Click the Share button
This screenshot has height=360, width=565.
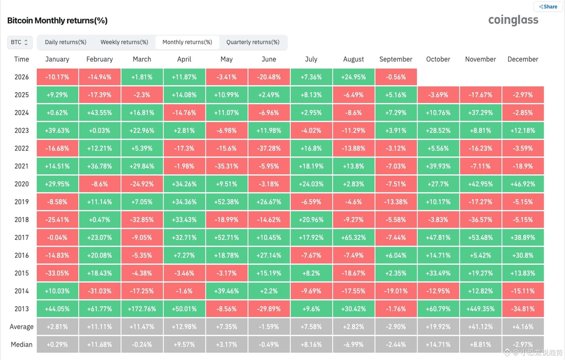pyautogui.click(x=548, y=7)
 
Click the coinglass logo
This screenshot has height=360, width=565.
pyautogui.click(x=513, y=20)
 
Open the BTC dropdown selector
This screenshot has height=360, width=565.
pyautogui.click(x=20, y=42)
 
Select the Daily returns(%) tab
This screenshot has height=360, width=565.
pyautogui.click(x=66, y=42)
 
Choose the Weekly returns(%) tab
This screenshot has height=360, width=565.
pyautogui.click(x=124, y=42)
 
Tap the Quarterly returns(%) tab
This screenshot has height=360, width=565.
pyautogui.click(x=253, y=42)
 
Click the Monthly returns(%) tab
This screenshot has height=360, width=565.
pyautogui.click(x=187, y=42)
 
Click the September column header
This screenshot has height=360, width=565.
pyautogui.click(x=396, y=59)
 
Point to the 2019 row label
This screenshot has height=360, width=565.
pyautogui.click(x=21, y=202)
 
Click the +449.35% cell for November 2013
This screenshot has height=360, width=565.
pyautogui.click(x=481, y=309)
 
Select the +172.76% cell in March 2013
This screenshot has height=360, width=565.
pyautogui.click(x=142, y=309)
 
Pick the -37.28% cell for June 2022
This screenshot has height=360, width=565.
pyautogui.click(x=269, y=148)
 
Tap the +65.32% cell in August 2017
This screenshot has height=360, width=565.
pyautogui.click(x=353, y=237)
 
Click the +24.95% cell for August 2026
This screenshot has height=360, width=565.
pyautogui.click(x=353, y=77)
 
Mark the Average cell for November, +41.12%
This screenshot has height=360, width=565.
pyautogui.click(x=481, y=327)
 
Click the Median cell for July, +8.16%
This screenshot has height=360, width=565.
pyautogui.click(x=311, y=344)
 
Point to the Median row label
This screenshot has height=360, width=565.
pyautogui.click(x=21, y=344)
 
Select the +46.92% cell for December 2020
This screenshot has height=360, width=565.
pyautogui.click(x=523, y=184)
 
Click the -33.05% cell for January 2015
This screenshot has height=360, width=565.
pyautogui.click(x=57, y=273)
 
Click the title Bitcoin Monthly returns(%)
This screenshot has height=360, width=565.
pyautogui.click(x=57, y=21)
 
